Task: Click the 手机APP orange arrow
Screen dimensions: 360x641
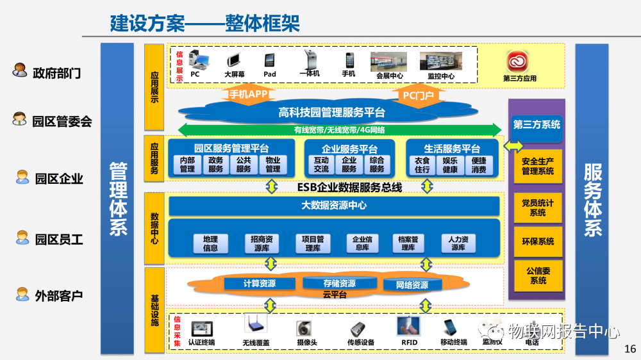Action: [x=248, y=94]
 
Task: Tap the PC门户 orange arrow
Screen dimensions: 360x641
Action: [x=418, y=95]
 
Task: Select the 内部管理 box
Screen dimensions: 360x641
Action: [x=187, y=165]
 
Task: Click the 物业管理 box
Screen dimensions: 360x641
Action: [x=273, y=165]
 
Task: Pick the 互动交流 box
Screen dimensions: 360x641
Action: [x=321, y=165]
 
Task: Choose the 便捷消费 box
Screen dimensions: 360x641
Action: [x=478, y=165]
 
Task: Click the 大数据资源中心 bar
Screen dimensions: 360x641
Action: [x=334, y=206]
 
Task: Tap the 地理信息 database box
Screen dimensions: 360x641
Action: [x=210, y=243]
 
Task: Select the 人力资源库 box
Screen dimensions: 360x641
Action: [x=458, y=243]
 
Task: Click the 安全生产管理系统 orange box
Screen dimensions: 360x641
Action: [x=538, y=166]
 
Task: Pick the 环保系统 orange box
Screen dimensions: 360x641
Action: [x=538, y=241]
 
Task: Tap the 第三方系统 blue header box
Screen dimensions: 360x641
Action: [x=537, y=124]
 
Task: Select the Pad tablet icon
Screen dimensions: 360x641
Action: [x=270, y=60]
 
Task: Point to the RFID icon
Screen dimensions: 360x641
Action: [x=408, y=327]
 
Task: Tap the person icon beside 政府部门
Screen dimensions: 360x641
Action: [x=20, y=70]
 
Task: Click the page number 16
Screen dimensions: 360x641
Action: [x=629, y=349]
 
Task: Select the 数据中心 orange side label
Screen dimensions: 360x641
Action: [x=154, y=227]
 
